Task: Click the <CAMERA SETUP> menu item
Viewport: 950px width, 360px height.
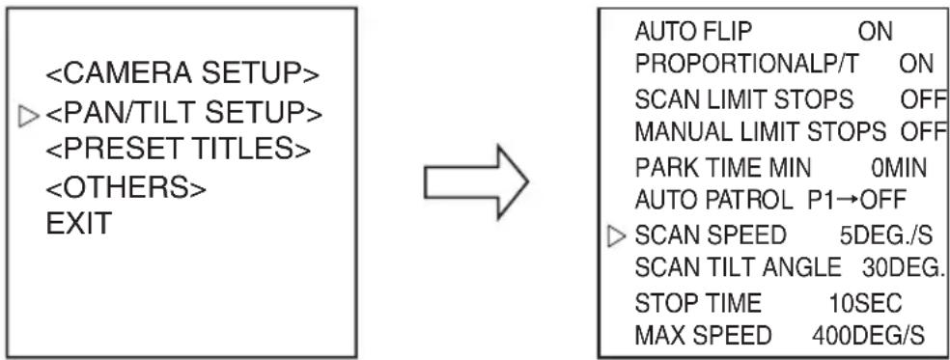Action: [x=182, y=74]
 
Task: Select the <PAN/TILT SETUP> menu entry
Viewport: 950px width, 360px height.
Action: [x=183, y=113]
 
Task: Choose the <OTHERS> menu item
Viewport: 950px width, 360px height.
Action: [x=126, y=188]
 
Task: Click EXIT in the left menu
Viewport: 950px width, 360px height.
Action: [x=79, y=224]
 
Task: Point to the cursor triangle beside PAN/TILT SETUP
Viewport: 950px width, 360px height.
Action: [x=29, y=117]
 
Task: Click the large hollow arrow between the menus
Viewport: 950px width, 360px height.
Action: [x=476, y=181]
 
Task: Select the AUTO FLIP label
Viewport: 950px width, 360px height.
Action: [x=692, y=32]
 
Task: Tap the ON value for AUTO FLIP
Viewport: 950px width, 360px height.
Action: [x=876, y=32]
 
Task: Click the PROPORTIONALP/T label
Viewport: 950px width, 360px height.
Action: [x=746, y=65]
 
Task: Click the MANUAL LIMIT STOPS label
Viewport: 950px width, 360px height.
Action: [x=761, y=131]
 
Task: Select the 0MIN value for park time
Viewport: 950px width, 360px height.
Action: [x=899, y=168]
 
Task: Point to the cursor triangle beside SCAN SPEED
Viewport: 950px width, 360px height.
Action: [x=617, y=237]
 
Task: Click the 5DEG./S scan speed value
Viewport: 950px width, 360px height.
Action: [x=885, y=235]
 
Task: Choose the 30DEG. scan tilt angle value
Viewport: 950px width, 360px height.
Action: [x=904, y=267]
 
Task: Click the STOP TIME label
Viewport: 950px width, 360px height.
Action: [x=698, y=302]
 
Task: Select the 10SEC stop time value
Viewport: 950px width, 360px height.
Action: [x=866, y=302]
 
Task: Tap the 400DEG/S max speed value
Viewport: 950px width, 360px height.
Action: [x=869, y=335]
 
